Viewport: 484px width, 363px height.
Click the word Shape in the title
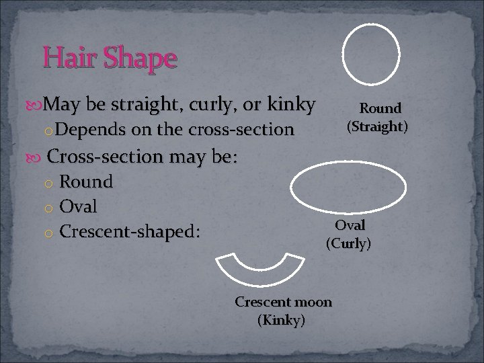[x=139, y=59]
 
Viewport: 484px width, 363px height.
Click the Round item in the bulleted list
[x=86, y=182]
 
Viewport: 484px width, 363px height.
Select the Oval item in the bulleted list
[x=78, y=206]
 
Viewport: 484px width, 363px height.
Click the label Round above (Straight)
[x=380, y=108]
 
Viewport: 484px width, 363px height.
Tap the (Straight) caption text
[x=377, y=126]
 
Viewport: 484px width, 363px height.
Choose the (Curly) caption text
[x=348, y=243]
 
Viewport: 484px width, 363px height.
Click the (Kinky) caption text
[x=281, y=320]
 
